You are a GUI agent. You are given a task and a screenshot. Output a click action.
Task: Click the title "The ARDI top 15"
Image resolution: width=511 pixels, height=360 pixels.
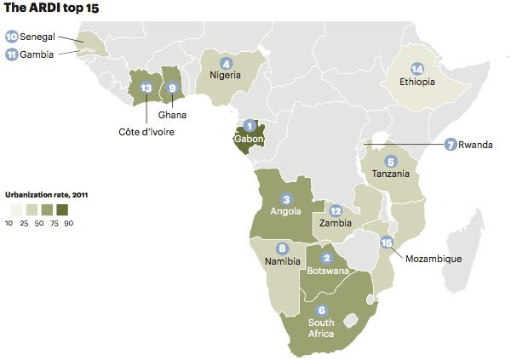click(x=51, y=9)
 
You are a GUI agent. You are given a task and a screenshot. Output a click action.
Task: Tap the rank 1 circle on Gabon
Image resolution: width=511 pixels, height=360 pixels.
click(x=250, y=126)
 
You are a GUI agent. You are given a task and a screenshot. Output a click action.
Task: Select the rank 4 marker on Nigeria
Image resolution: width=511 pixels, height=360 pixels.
click(x=226, y=63)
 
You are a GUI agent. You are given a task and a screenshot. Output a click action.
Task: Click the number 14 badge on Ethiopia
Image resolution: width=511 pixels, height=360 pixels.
click(x=416, y=69)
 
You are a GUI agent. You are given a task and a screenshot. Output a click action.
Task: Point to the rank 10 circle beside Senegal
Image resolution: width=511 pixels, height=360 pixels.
click(x=12, y=37)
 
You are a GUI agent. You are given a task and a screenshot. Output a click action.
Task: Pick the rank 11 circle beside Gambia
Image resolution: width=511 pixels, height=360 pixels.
click(x=12, y=54)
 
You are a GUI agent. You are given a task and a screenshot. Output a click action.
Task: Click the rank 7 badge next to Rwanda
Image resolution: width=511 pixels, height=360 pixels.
click(x=451, y=145)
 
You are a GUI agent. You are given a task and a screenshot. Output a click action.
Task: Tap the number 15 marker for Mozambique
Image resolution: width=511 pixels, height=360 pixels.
click(x=388, y=243)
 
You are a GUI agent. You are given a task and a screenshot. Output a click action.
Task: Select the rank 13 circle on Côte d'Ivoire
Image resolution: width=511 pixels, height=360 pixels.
click(x=146, y=88)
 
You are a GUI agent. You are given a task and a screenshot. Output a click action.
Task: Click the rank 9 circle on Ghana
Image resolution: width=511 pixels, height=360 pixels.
click(x=173, y=88)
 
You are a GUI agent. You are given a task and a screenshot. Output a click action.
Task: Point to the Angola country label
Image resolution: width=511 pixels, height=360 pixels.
click(x=285, y=211)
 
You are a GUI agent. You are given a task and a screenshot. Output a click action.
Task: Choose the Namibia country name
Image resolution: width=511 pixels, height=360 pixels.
click(x=283, y=261)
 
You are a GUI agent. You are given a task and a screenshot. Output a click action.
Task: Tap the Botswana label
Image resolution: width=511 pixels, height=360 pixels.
click(x=326, y=271)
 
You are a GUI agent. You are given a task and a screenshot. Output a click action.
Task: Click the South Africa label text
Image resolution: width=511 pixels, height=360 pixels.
click(x=321, y=329)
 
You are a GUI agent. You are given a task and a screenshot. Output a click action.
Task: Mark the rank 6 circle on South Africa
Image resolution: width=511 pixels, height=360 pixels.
click(x=321, y=310)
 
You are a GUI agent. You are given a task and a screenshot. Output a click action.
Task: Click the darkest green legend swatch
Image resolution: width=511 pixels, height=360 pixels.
click(x=61, y=209)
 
